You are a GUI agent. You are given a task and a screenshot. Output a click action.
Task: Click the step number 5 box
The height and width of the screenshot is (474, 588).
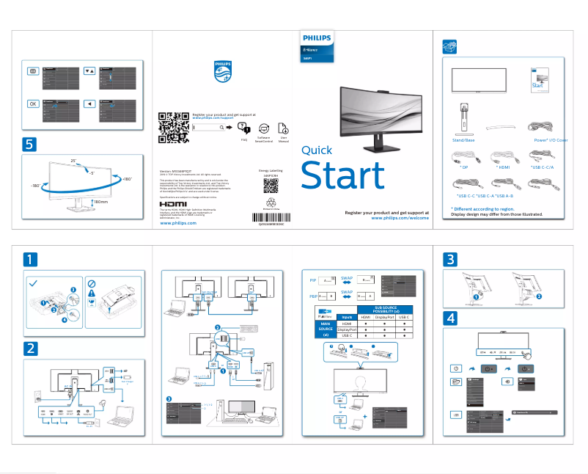[x=29, y=143]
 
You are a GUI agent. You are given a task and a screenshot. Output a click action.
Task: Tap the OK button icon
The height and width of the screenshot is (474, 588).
[x=33, y=103]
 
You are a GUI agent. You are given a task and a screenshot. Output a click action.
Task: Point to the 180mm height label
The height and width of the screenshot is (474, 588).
[x=100, y=200]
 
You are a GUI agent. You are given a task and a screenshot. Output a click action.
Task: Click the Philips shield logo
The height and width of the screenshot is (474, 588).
[x=221, y=73]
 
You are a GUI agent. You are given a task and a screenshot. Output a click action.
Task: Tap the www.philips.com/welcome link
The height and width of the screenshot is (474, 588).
[x=400, y=218]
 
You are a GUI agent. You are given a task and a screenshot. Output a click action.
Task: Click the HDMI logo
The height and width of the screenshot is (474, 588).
[x=173, y=203]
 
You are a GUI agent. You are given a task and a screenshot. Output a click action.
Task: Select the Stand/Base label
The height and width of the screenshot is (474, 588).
[x=463, y=139]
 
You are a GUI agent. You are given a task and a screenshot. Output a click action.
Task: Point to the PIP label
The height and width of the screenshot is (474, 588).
[x=312, y=280]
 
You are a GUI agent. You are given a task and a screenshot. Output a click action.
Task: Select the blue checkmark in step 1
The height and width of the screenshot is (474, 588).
[x=34, y=282]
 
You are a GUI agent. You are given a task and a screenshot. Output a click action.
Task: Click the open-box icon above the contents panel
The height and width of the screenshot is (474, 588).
[x=451, y=46]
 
